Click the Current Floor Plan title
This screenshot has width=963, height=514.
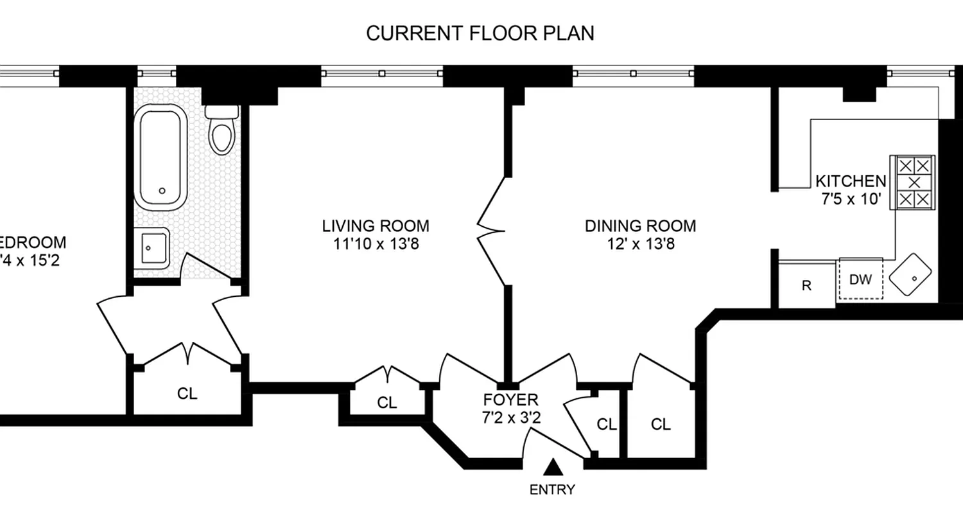pyautogui.click(x=480, y=33)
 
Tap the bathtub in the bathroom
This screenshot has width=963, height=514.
pyautogui.click(x=160, y=156)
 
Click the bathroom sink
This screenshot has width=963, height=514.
pyautogui.click(x=152, y=249)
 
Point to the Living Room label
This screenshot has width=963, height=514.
pyautogui.click(x=376, y=226)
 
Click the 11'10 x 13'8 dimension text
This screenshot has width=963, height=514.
pyautogui.click(x=376, y=244)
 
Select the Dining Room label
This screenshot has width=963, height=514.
pyautogui.click(x=640, y=226)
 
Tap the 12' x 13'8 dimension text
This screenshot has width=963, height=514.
pyautogui.click(x=640, y=244)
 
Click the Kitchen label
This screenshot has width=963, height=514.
pyautogui.click(x=850, y=181)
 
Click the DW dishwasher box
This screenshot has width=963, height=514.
pyautogui.click(x=860, y=279)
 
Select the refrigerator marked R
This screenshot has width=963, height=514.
pyautogui.click(x=806, y=286)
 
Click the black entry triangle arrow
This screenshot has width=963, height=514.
pyautogui.click(x=553, y=466)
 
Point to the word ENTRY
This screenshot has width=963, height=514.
pyautogui.click(x=552, y=490)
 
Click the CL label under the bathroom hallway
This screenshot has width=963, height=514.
pyautogui.click(x=187, y=393)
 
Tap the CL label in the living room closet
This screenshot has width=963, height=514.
pyautogui.click(x=386, y=403)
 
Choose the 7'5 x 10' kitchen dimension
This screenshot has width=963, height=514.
pyautogui.click(x=850, y=199)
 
